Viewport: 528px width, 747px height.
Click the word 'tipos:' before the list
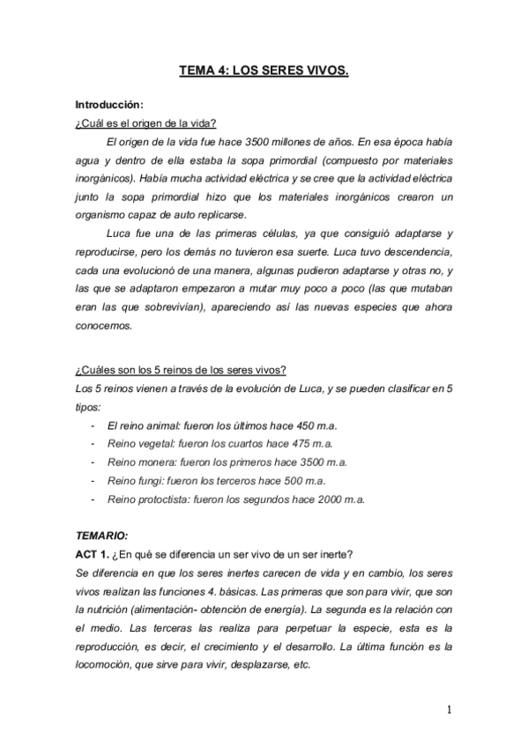[88, 407]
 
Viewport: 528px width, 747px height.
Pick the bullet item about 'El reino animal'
[212, 425]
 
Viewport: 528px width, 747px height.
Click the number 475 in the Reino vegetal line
[303, 443]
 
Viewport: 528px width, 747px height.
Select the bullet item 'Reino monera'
[227, 462]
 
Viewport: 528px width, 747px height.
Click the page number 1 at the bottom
[450, 708]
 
